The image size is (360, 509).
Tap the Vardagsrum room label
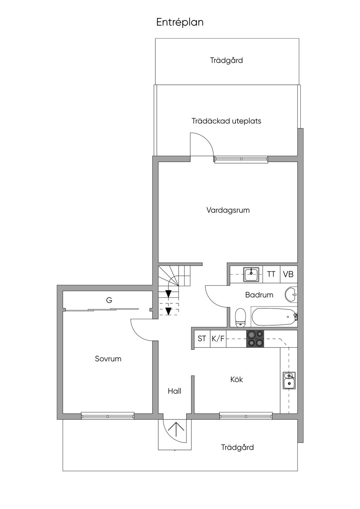pos(228,210)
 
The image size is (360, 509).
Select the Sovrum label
pos(108,359)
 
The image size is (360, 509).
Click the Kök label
pos(237,379)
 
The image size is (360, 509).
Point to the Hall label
pos(174,391)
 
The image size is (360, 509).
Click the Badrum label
pos(259,295)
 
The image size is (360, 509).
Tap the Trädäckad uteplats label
pos(226,121)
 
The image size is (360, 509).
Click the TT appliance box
pos(271,274)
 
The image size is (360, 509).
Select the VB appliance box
pos(288,274)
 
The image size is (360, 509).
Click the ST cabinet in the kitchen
pos(202,339)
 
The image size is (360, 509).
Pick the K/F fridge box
pos(218,339)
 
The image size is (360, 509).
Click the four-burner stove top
pos(255,339)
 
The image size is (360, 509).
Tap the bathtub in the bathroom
pos(274,317)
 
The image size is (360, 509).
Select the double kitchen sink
pos(289,380)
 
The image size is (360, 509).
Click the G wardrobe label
pos(109,300)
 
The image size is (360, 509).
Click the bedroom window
pos(108,416)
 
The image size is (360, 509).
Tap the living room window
pos(241,159)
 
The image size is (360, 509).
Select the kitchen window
pos(246,416)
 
